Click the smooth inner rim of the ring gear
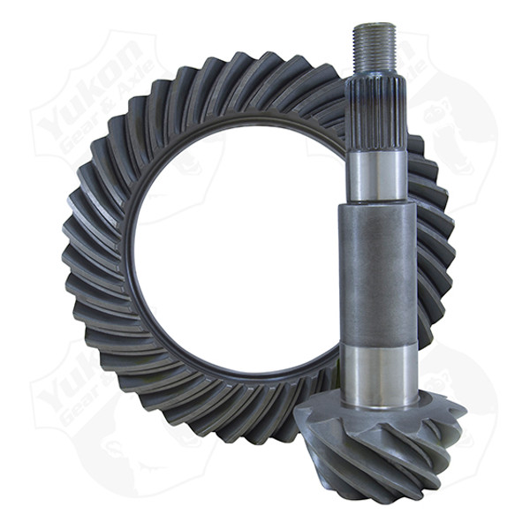pyautogui.click(x=132, y=265)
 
